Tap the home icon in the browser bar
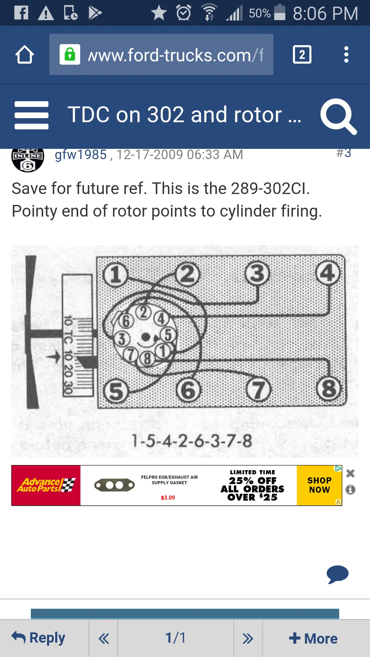[25, 54]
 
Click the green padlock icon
[70, 54]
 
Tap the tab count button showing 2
[302, 54]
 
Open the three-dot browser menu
[346, 54]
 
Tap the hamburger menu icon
[32, 115]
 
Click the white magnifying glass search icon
[338, 116]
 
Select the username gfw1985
[81, 155]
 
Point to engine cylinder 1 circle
[115, 274]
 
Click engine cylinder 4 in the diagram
[328, 273]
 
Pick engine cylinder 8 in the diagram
[329, 389]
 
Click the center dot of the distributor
[146, 337]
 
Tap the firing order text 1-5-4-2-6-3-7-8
[192, 441]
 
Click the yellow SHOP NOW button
[319, 485]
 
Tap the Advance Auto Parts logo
[46, 485]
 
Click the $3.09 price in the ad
[168, 498]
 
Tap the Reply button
[38, 638]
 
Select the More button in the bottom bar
[313, 639]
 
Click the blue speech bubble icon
[337, 574]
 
